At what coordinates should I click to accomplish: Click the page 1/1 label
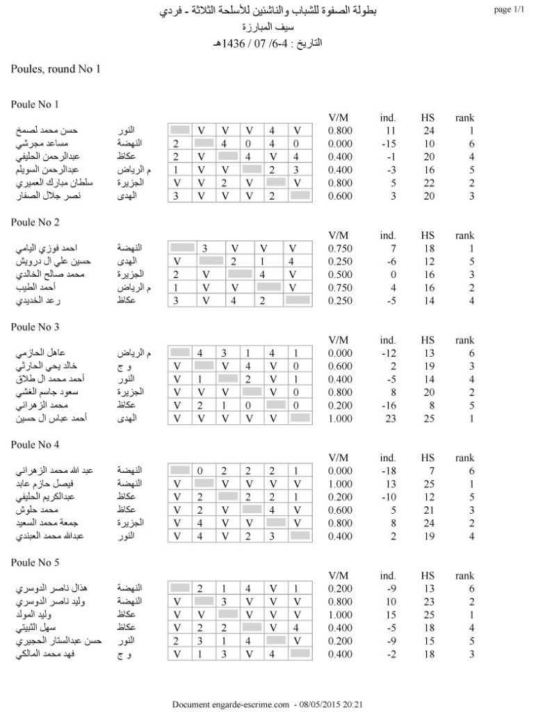[x=511, y=10]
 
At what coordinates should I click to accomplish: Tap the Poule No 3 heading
[x=35, y=327]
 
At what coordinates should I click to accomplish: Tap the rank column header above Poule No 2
[x=464, y=236]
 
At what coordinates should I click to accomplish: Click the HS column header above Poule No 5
[x=428, y=576]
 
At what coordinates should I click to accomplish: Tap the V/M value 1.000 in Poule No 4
[x=341, y=484]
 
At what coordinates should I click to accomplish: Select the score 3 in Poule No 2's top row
[x=205, y=248]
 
